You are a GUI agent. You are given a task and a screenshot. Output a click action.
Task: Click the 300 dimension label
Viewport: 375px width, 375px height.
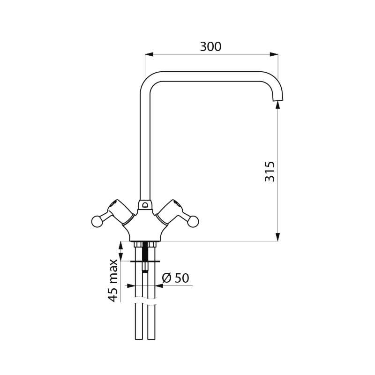(x=210, y=46)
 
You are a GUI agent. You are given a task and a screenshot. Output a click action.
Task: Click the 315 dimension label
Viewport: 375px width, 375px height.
(x=270, y=172)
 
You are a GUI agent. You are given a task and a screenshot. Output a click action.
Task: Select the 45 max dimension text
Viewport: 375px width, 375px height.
(x=112, y=280)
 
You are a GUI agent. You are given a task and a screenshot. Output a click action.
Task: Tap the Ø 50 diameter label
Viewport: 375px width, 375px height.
(x=175, y=278)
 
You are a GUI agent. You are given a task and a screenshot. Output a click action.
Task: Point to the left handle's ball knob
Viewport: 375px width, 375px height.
(x=97, y=221)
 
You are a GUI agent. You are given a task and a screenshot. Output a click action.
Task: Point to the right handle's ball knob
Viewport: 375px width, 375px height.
(x=193, y=221)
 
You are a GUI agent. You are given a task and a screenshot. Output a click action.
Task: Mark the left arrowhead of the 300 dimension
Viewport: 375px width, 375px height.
(x=149, y=54)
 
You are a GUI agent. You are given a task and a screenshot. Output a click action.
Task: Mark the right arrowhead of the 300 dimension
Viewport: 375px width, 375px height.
(x=274, y=54)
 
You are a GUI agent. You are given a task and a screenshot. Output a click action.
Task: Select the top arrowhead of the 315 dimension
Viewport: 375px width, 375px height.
(x=277, y=105)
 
